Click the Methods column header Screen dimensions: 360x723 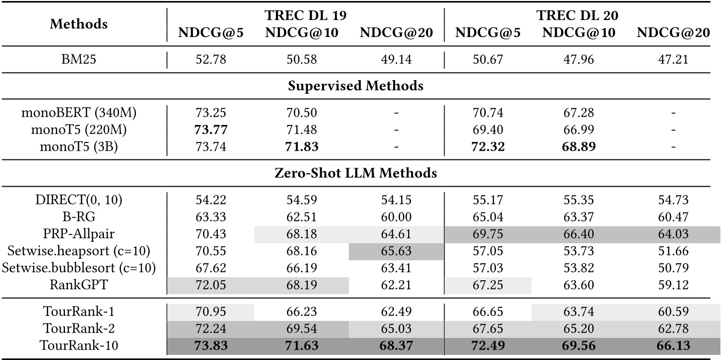pos(79,24)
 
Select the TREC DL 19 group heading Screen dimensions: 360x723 pos(305,15)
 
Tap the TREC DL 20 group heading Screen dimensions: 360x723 pos(577,15)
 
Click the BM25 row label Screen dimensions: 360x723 pos(79,60)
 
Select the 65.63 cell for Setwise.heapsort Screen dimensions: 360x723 pos(396,251)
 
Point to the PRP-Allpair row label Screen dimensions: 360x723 pos(79,234)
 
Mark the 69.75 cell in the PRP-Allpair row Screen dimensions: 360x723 pos(488,234)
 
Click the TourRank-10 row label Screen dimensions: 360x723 pos(79,346)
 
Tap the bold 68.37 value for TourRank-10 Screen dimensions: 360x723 pos(396,346)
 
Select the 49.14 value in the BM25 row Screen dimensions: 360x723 pos(396,60)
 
